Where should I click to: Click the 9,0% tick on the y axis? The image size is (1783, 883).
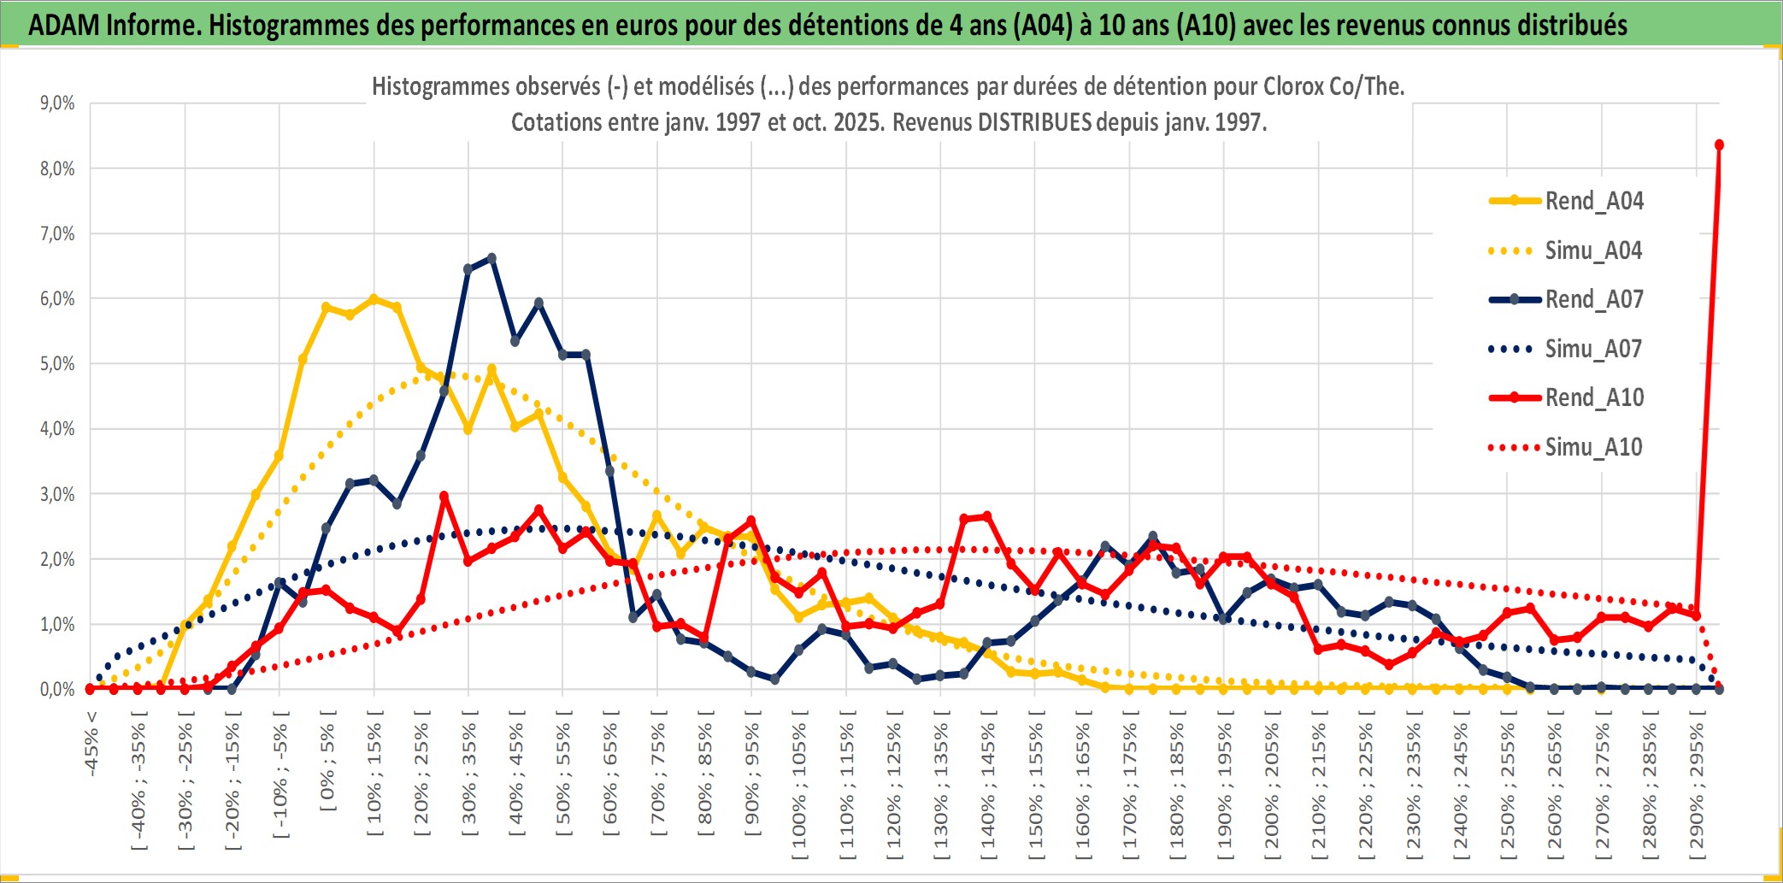click(x=57, y=103)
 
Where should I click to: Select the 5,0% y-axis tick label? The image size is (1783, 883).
click(x=57, y=364)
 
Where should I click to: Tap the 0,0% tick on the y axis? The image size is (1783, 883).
click(x=57, y=689)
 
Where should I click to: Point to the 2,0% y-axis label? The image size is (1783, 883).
click(x=57, y=560)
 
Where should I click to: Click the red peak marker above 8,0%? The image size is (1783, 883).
click(x=1719, y=144)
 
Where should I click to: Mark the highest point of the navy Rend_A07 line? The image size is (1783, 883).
click(x=491, y=257)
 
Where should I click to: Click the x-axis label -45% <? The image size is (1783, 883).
click(x=91, y=744)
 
